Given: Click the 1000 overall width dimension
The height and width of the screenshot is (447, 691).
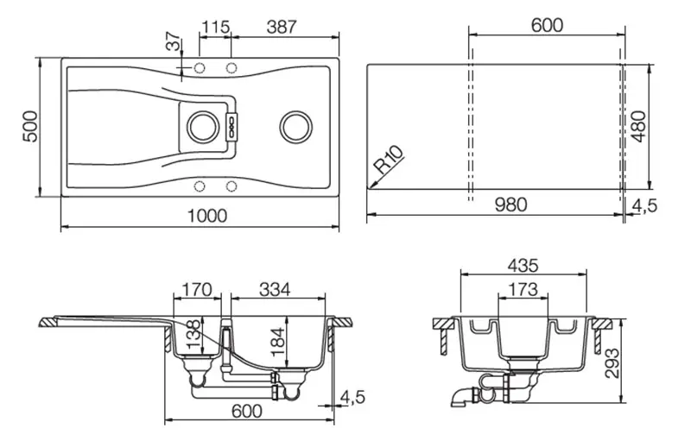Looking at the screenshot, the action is [x=207, y=216].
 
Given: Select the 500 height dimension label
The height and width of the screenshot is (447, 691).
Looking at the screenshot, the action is [x=31, y=126].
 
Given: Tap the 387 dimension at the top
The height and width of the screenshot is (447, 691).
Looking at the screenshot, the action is [x=282, y=27].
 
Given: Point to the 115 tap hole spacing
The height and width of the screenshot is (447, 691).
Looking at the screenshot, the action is [x=215, y=27].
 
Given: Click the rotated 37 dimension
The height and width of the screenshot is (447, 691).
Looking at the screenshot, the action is [x=174, y=41].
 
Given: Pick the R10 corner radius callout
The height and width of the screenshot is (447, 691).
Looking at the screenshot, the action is [x=389, y=160].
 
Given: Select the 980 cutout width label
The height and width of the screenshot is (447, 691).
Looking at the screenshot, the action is [x=510, y=205].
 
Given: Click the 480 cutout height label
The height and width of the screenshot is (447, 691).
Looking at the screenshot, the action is [x=638, y=127].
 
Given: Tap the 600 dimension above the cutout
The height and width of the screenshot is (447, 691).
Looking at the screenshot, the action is [x=547, y=25].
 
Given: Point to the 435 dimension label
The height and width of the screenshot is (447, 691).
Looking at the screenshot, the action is [x=523, y=266].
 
